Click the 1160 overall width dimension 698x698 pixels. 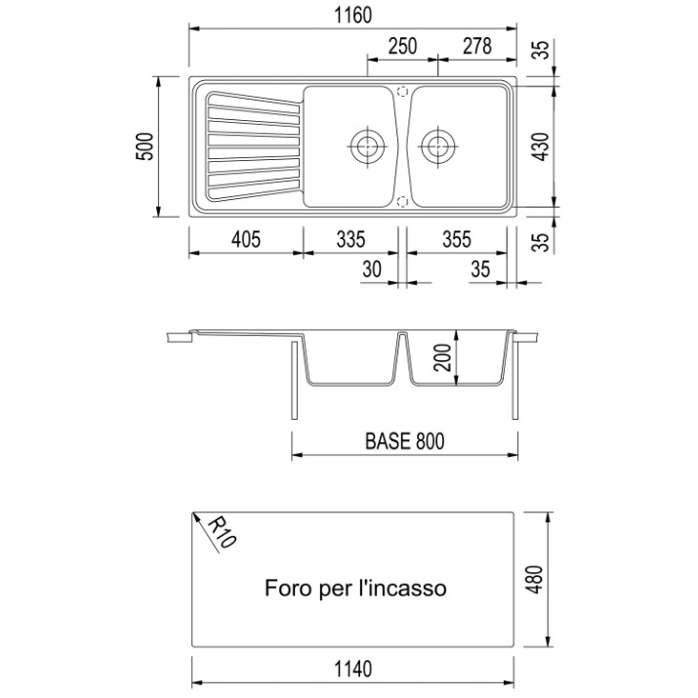point(352,16)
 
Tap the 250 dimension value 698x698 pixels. point(402,46)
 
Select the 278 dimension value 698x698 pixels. point(477,46)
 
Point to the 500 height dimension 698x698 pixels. point(145,146)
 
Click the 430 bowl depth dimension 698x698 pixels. point(541,146)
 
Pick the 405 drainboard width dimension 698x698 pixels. point(246,239)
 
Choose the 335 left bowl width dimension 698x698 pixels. point(350,239)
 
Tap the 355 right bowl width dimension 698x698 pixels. point(457,239)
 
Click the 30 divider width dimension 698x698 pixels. point(372,268)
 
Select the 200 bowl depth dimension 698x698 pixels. point(443,357)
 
